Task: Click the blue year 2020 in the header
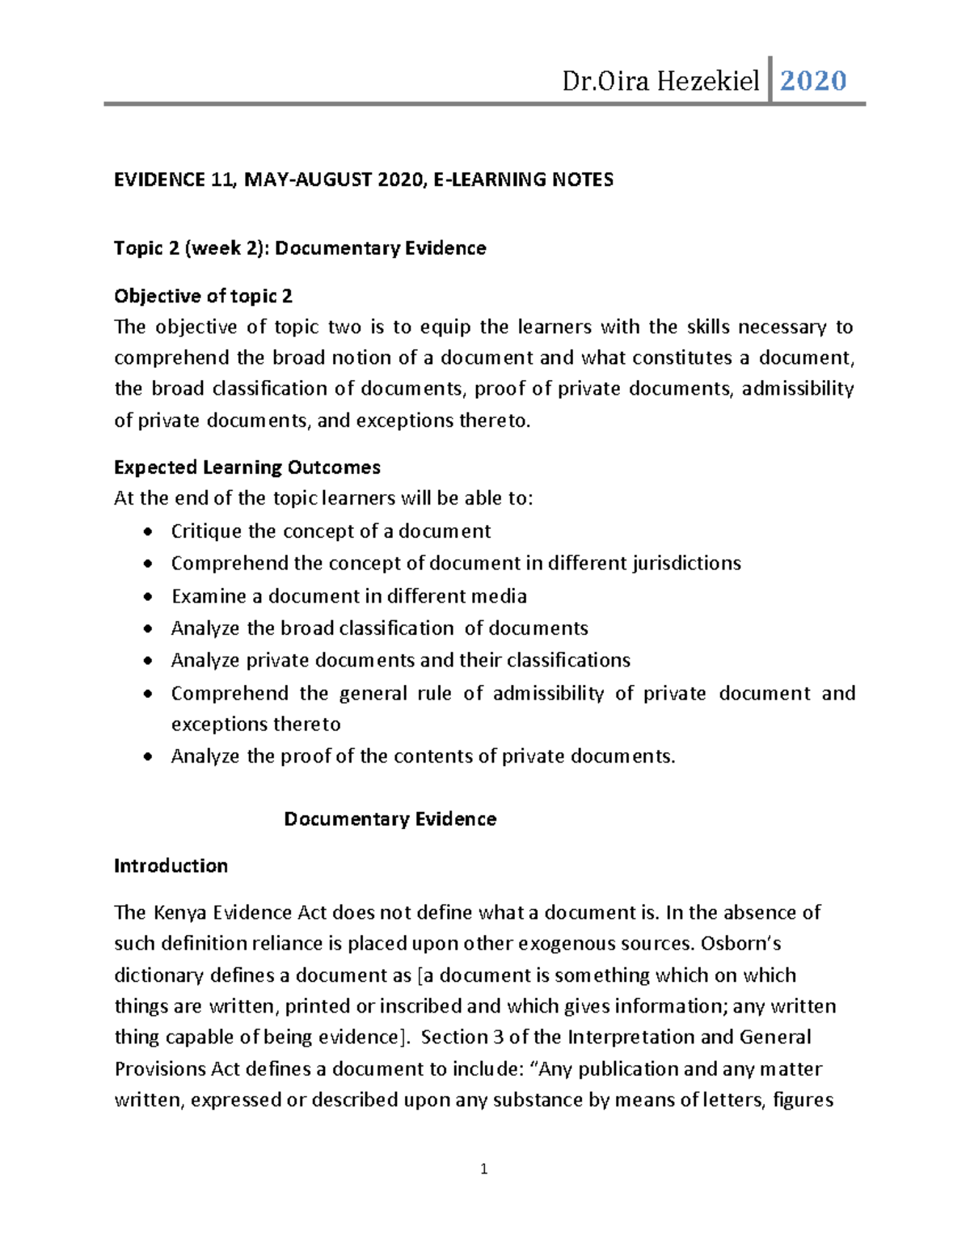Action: click(x=812, y=80)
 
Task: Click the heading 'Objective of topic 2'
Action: click(x=203, y=296)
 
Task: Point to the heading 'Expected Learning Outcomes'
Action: click(x=247, y=467)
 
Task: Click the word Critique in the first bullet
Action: click(x=206, y=531)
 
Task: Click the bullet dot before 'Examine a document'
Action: click(x=146, y=597)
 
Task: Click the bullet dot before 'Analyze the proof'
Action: click(x=146, y=757)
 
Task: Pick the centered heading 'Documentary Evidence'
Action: click(x=390, y=819)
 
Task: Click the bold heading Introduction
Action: click(x=171, y=866)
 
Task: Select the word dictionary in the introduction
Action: click(x=158, y=975)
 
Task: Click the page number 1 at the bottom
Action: click(x=483, y=1169)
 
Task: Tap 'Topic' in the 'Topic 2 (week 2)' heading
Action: click(x=138, y=248)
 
